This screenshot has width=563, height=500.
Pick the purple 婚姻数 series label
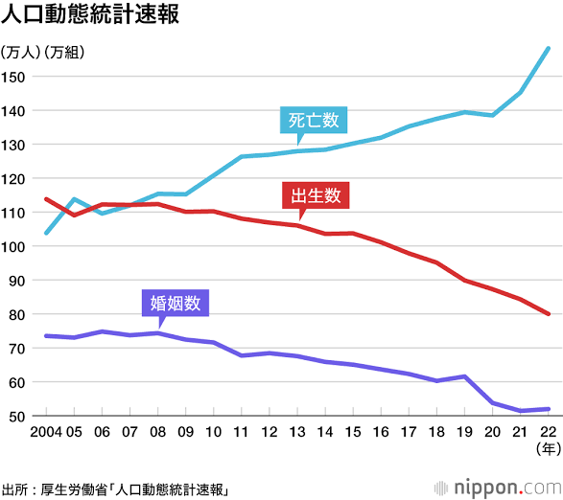pos(174,304)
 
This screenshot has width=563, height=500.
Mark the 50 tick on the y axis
pos(17,416)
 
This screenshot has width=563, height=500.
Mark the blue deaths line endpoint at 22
pos(548,49)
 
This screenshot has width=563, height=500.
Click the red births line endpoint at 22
pos(548,313)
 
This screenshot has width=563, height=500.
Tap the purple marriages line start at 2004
pos(47,335)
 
